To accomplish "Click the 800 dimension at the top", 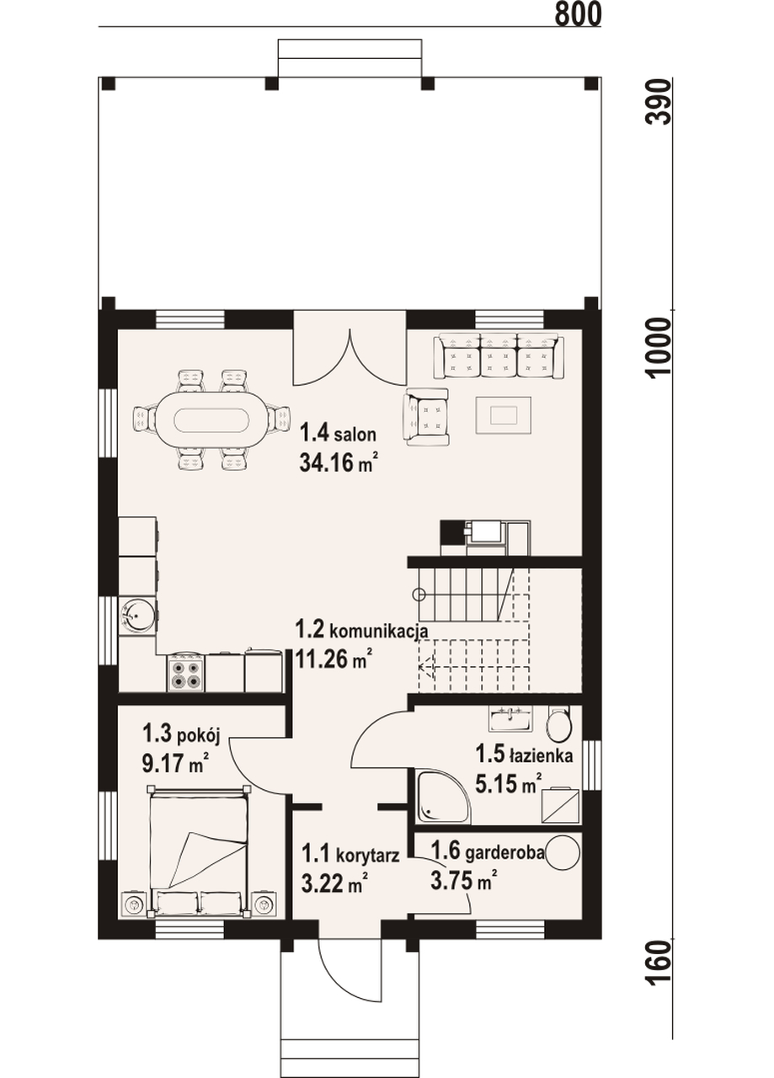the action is (x=578, y=13).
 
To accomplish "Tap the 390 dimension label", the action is (x=660, y=102).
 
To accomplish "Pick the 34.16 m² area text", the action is (x=337, y=463).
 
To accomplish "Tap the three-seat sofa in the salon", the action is (x=499, y=357).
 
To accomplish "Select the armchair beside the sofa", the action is (x=427, y=416).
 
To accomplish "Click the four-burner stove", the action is (x=187, y=673).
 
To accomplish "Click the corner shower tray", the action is (x=442, y=793).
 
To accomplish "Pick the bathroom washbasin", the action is (x=510, y=718).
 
